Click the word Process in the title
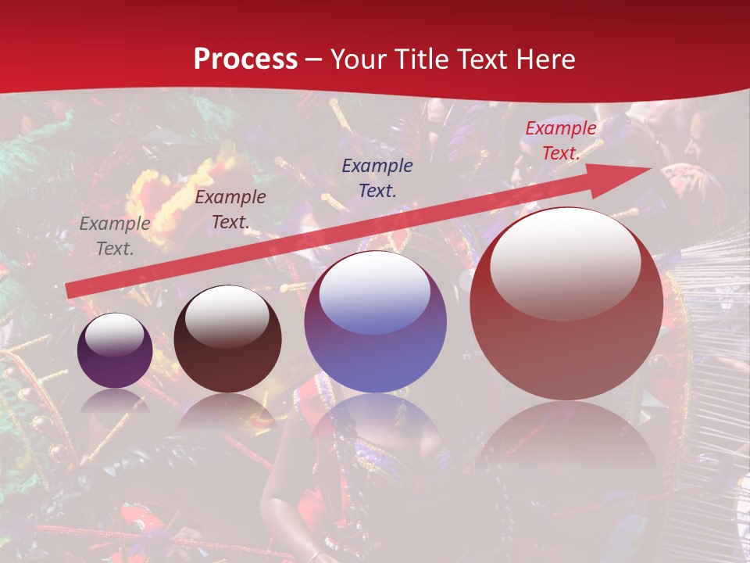[245, 59]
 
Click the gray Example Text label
[115, 236]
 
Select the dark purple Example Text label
[230, 210]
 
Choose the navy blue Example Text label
[377, 178]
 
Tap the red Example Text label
[560, 141]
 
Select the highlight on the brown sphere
[227, 317]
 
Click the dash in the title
[314, 59]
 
